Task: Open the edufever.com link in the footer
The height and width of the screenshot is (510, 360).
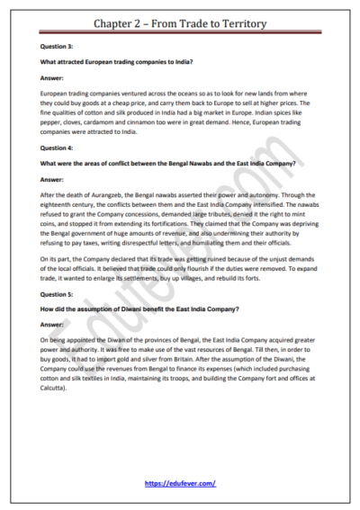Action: pyautogui.click(x=180, y=484)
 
